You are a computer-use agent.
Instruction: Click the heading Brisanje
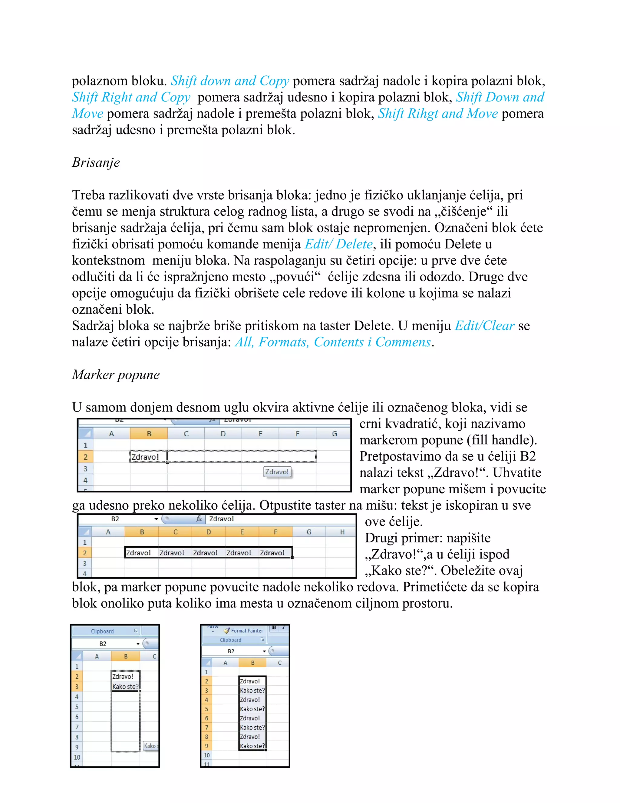click(x=96, y=162)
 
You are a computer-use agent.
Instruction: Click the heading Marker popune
click(x=116, y=375)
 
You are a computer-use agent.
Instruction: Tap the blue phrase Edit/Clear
click(x=484, y=326)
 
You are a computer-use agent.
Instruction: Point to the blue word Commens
click(x=403, y=342)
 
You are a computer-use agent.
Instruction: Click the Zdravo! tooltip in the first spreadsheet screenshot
click(x=277, y=472)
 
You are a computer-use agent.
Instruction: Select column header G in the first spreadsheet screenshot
click(x=334, y=434)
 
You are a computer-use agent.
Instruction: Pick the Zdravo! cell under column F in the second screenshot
click(x=272, y=553)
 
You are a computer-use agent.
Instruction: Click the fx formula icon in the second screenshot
click(x=199, y=519)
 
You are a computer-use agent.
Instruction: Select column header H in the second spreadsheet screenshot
click(x=342, y=532)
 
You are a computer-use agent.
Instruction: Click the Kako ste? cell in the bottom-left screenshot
click(x=125, y=686)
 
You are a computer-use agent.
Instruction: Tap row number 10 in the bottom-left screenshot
click(x=77, y=757)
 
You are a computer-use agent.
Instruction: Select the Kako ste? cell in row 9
click(x=252, y=746)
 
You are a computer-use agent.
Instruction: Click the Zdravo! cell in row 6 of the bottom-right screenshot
click(x=250, y=718)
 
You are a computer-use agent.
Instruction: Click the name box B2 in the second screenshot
click(x=115, y=519)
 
